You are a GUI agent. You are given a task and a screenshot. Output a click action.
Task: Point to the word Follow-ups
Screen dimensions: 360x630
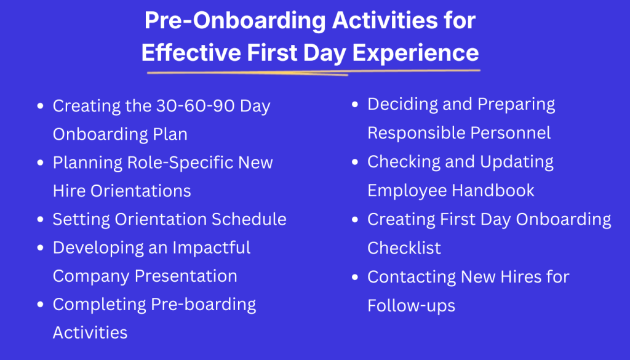[412, 305]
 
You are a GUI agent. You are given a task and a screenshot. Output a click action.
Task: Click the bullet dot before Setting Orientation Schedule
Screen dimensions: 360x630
[40, 220]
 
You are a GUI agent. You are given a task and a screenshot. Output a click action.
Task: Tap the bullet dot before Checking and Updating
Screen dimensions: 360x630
[355, 162]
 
